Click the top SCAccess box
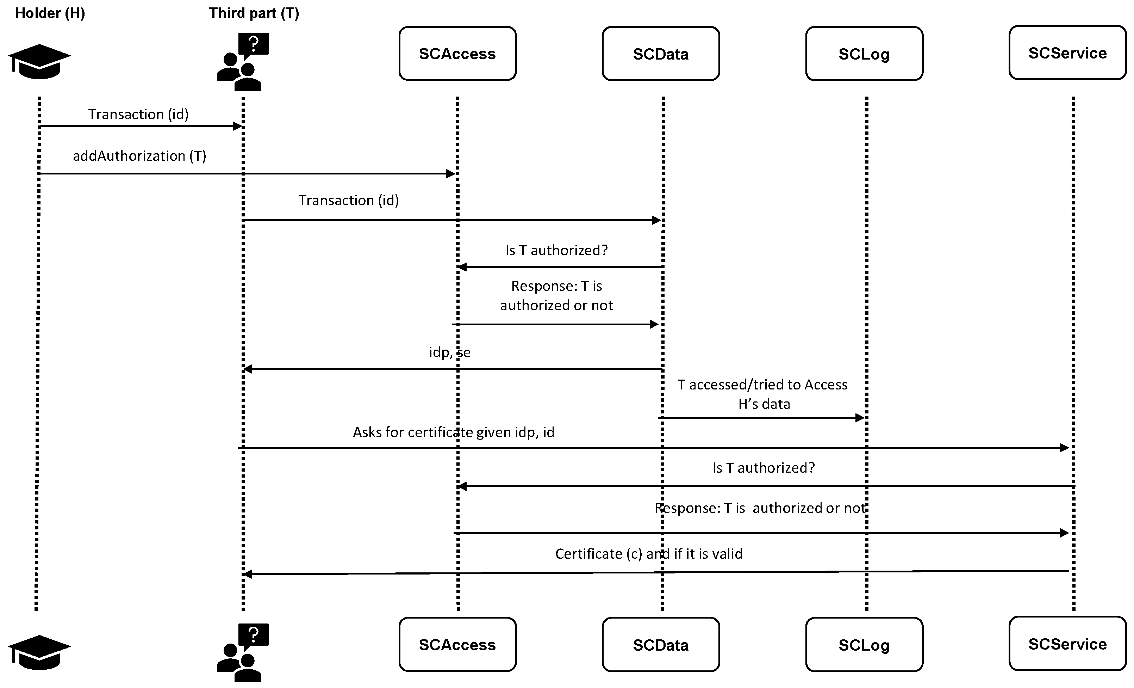click(x=457, y=54)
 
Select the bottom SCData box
click(x=660, y=645)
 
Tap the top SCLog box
click(x=864, y=54)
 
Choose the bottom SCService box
click(x=1067, y=644)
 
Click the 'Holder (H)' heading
click(x=50, y=13)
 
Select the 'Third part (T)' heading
click(x=254, y=13)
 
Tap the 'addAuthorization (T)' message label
click(x=139, y=156)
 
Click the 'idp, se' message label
click(x=450, y=352)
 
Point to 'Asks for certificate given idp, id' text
click(x=453, y=432)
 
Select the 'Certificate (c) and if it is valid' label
click(x=648, y=553)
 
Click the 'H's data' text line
click(x=764, y=404)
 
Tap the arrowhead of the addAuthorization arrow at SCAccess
click(x=451, y=174)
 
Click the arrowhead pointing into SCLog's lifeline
click(x=860, y=418)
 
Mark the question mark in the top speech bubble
click(x=253, y=44)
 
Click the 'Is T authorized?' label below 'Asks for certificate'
click(x=764, y=468)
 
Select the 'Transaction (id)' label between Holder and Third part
click(x=138, y=114)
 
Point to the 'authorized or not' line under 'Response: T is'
click(x=556, y=305)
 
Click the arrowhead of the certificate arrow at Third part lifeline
click(x=248, y=574)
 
